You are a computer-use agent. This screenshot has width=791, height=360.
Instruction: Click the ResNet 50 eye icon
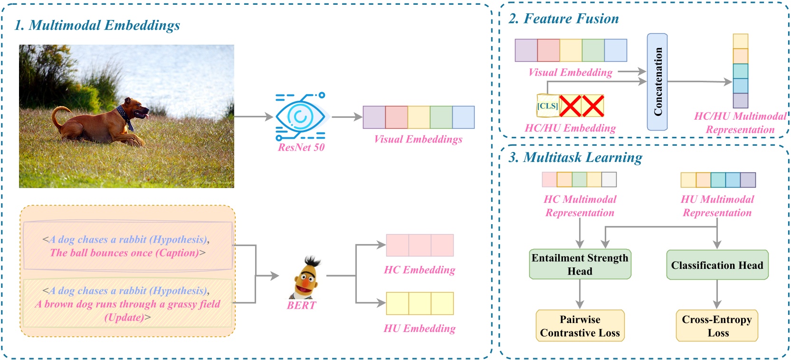(300, 116)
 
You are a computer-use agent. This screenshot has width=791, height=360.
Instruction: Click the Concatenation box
(658, 82)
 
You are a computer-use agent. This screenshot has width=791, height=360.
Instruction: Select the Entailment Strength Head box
(580, 265)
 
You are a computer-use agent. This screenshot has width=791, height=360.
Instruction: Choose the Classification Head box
(717, 265)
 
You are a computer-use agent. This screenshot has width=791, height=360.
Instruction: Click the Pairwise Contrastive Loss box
(580, 326)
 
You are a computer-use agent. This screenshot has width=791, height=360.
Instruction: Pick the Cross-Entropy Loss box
(717, 326)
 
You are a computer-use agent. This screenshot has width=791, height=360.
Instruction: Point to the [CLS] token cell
(547, 106)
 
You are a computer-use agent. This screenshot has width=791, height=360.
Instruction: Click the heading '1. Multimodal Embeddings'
(97, 25)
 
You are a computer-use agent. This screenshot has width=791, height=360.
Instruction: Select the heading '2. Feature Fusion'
(563, 19)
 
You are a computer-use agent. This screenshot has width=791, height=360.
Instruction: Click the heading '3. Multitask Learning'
(575, 157)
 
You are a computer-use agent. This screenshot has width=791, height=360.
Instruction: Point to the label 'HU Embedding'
(419, 328)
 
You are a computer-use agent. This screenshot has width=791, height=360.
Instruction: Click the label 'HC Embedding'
(419, 270)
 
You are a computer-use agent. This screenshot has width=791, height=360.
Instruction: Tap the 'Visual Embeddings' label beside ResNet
(418, 139)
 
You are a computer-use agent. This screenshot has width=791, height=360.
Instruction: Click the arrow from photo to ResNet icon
(254, 116)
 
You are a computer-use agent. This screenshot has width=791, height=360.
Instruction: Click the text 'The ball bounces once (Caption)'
(127, 253)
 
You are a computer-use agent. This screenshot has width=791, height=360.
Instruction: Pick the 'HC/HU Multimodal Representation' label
(740, 123)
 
